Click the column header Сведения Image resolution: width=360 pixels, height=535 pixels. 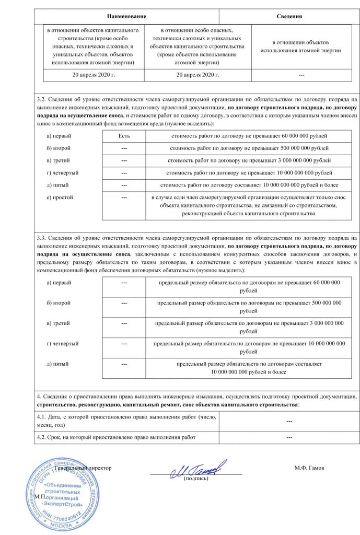coord(289,17)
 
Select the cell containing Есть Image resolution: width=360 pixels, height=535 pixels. coord(124,136)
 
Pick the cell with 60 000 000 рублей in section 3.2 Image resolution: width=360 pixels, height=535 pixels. coord(246,136)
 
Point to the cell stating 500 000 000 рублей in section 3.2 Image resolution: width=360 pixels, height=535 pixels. coord(246,148)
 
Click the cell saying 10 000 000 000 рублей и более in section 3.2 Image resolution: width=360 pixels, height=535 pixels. coord(246,185)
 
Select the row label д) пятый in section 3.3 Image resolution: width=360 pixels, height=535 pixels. coord(57,363)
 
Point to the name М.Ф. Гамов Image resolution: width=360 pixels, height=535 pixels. coord(309,468)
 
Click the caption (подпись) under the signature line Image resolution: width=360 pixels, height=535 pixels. coord(195,479)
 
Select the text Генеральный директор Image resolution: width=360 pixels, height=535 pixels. coord(84,468)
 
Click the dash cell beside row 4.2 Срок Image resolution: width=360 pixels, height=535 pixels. coord(289,437)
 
